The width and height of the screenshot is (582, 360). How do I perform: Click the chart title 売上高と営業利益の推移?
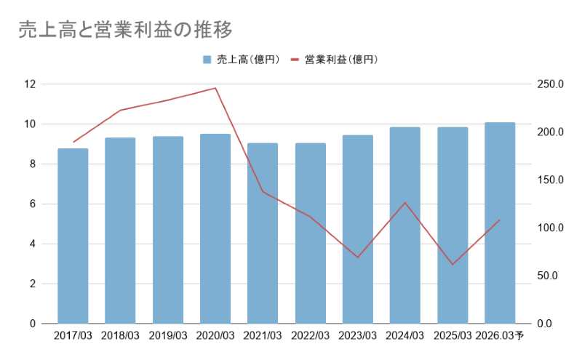(x=125, y=30)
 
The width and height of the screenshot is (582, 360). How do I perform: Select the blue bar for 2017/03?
(x=73, y=236)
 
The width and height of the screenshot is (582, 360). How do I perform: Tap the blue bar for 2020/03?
(x=215, y=229)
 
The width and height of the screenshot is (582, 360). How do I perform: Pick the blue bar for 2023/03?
(x=358, y=230)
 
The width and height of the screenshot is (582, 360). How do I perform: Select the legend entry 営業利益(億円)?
(x=340, y=59)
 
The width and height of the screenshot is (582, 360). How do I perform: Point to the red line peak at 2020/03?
(x=215, y=88)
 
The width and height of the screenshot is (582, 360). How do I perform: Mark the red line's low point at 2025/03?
(x=453, y=264)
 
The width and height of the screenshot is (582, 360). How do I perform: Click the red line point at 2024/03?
(x=405, y=202)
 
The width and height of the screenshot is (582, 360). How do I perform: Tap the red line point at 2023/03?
(x=358, y=257)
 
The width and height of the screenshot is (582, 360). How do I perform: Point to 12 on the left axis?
(x=30, y=84)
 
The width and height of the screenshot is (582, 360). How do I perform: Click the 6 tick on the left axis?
(x=32, y=204)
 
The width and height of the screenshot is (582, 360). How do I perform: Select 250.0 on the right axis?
(x=550, y=84)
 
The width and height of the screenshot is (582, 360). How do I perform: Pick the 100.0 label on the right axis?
(x=550, y=228)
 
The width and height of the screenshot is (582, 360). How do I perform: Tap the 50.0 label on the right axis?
(x=547, y=276)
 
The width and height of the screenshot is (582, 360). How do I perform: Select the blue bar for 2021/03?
(x=263, y=233)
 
